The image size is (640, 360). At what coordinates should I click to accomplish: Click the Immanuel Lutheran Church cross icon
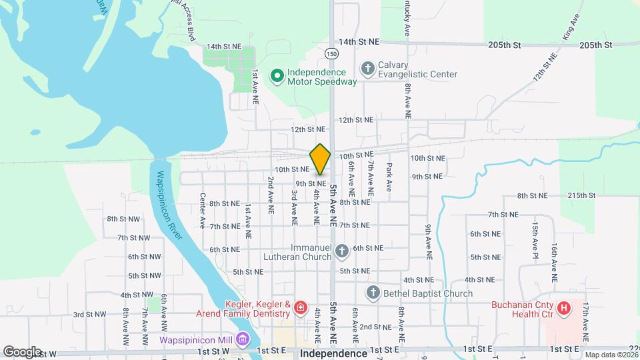(x=341, y=251)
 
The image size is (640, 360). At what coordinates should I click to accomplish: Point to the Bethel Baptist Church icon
(x=373, y=293)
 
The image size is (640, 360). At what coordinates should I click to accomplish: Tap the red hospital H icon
(x=564, y=308)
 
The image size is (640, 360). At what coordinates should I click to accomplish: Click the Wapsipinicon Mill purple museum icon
(x=241, y=339)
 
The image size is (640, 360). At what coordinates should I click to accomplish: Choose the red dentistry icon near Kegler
(x=300, y=307)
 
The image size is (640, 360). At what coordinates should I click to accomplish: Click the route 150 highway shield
(x=332, y=53)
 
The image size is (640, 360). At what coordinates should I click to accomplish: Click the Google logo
(x=21, y=351)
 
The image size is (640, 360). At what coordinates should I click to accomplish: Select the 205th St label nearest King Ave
(x=595, y=45)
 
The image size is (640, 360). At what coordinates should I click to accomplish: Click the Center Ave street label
(x=202, y=211)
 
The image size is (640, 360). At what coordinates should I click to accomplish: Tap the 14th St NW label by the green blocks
(x=223, y=47)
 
